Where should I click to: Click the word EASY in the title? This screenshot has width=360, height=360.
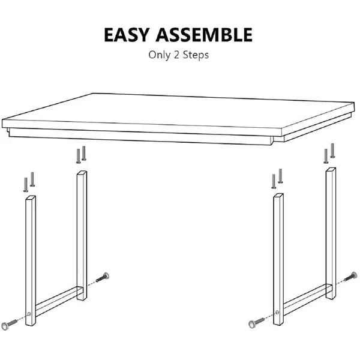(127, 35)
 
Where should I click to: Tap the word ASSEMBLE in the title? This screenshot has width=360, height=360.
(204, 35)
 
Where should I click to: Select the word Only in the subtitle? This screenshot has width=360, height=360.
(160, 55)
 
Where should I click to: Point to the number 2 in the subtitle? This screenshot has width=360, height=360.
(176, 55)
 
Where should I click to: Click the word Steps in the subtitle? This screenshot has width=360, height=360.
(196, 55)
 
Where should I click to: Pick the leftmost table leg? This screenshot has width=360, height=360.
(31, 260)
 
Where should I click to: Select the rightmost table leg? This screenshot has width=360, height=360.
(331, 233)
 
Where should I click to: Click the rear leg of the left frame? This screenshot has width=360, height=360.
(82, 235)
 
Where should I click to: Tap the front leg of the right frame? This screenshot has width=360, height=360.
(278, 259)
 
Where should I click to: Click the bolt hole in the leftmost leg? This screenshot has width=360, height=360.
(29, 314)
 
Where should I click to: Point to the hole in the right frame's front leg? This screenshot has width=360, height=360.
(277, 312)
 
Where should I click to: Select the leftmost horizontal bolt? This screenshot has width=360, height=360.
(9, 324)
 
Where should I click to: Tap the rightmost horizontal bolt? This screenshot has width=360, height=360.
(350, 277)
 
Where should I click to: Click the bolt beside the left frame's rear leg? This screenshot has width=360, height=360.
(103, 277)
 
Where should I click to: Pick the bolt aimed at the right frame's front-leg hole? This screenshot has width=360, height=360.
(257, 323)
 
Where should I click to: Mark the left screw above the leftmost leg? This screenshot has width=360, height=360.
(26, 185)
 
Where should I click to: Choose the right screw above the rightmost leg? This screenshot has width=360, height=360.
(332, 151)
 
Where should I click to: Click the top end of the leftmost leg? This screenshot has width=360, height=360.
(31, 197)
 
